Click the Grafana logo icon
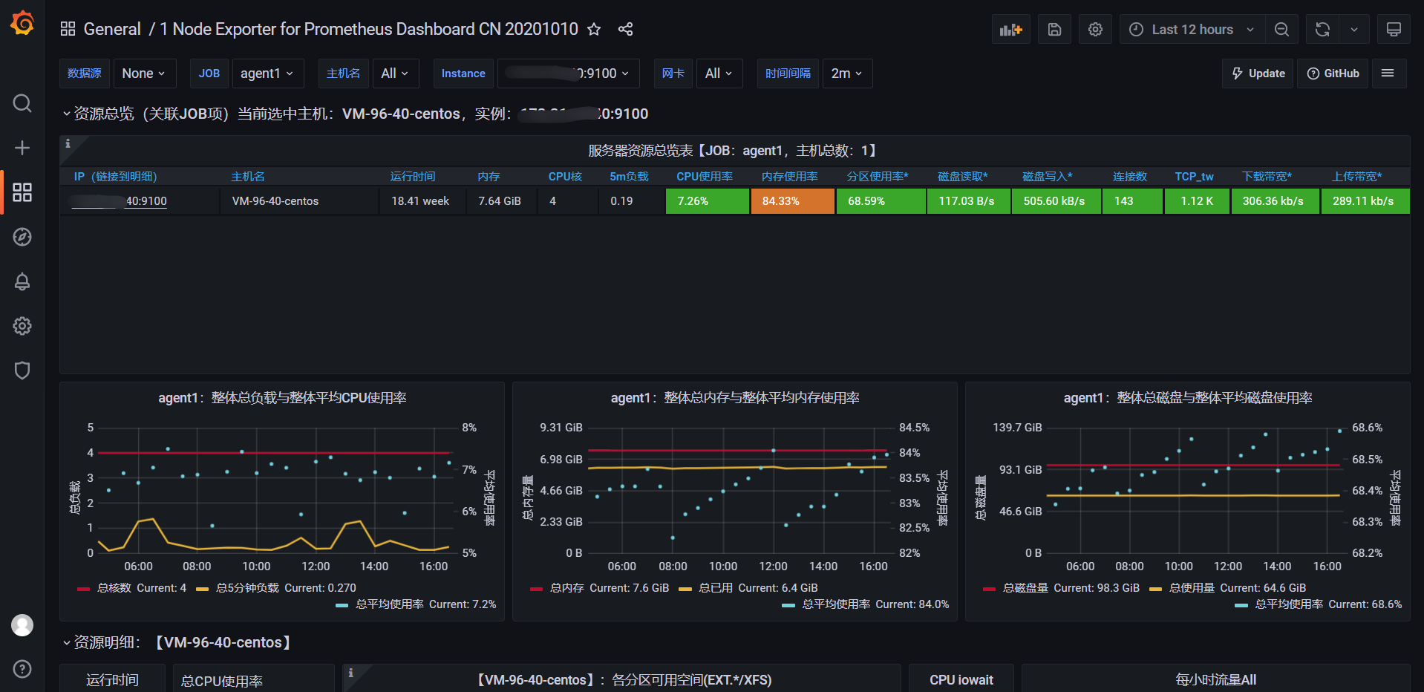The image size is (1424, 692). point(22,24)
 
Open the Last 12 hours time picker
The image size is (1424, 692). point(1191,30)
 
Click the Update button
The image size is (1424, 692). point(1258,74)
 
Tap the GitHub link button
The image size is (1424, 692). point(1333,74)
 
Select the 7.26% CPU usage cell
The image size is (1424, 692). point(707,201)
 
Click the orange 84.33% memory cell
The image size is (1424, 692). point(792,201)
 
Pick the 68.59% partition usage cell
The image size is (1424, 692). point(881,201)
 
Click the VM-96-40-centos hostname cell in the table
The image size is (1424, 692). point(275,201)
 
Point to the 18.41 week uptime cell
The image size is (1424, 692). point(420,201)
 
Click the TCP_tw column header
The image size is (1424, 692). point(1194,177)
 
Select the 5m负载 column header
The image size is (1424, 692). point(629,177)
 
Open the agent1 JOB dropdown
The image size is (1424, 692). point(267,74)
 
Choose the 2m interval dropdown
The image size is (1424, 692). point(846,74)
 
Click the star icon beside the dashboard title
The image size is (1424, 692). point(594,29)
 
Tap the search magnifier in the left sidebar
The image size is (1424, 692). point(22,103)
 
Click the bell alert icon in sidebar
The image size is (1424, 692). point(22,281)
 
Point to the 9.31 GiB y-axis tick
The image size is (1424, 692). point(561,428)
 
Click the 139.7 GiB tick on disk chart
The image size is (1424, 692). point(1017,428)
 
